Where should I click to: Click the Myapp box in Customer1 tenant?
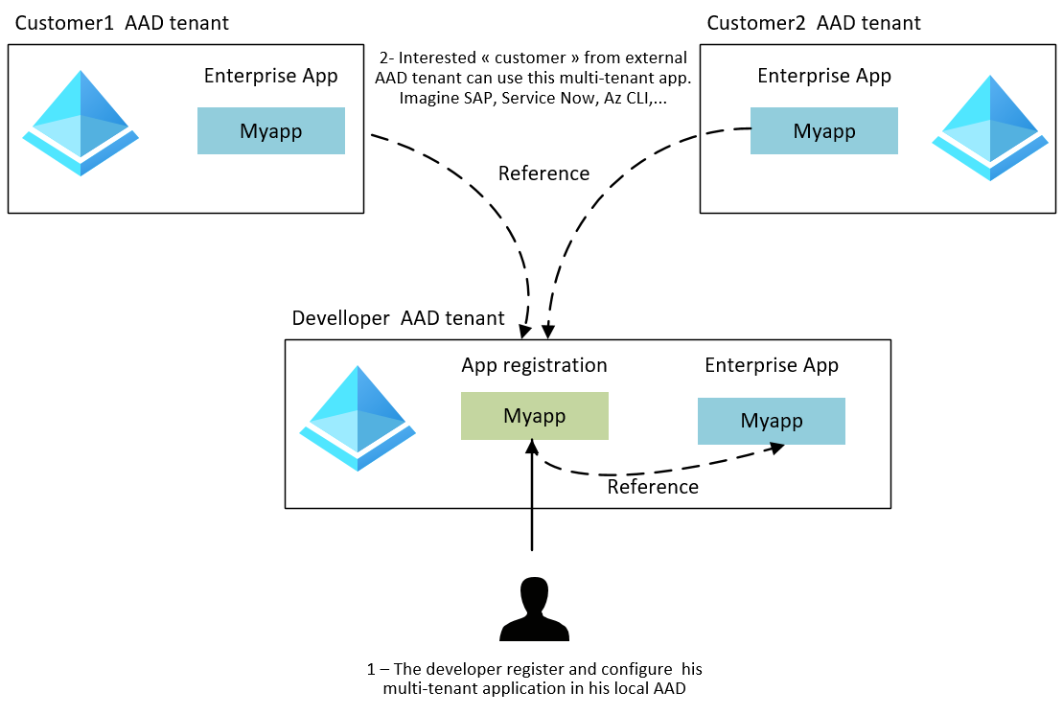point(270,131)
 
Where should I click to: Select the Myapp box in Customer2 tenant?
point(823,131)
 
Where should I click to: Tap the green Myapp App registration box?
point(534,416)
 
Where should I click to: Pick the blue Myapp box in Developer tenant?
point(771,421)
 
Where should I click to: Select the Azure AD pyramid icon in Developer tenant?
point(358,418)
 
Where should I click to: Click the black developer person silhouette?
point(534,610)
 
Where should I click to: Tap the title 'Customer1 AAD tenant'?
point(121,23)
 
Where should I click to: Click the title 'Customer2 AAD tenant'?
point(813,23)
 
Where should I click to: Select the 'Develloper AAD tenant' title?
point(398,318)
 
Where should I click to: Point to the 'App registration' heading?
point(534,365)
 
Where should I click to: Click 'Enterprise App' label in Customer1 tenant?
point(270,76)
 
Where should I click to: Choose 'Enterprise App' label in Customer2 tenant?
point(823,76)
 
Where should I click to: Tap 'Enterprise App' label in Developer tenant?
point(771,365)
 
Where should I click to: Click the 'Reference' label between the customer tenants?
point(543,173)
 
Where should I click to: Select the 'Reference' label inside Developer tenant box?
point(653,487)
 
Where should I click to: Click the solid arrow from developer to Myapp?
point(532,498)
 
